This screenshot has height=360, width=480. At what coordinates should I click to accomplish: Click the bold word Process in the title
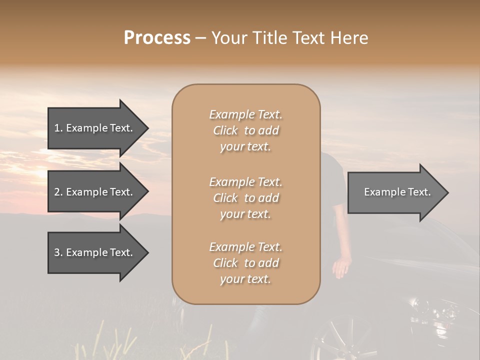[157, 38]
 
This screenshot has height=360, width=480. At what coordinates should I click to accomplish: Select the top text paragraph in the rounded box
[245, 130]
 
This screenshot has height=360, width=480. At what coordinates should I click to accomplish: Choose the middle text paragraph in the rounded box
[245, 198]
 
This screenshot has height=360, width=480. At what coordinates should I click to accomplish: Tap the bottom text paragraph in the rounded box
[245, 263]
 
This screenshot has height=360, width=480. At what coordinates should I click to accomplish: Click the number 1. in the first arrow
[58, 128]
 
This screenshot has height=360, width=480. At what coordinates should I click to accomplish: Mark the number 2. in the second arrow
[58, 192]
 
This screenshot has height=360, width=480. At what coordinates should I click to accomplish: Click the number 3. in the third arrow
[58, 252]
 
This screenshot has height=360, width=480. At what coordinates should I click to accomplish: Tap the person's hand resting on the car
[341, 266]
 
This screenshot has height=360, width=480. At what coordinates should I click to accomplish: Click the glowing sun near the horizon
[37, 175]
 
